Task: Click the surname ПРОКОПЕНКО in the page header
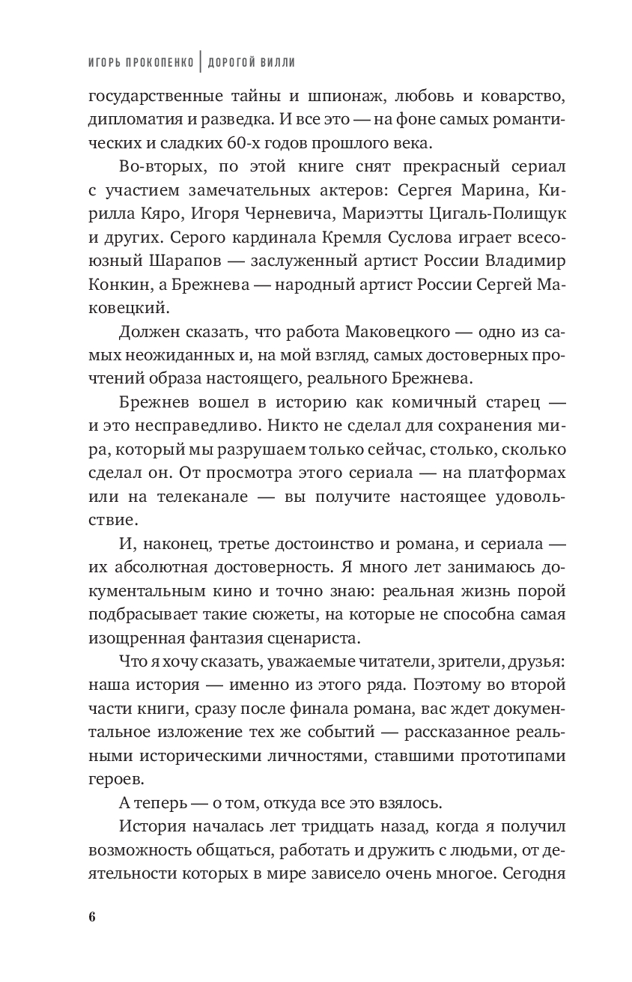158,63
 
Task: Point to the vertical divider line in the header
200,62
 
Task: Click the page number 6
91,918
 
